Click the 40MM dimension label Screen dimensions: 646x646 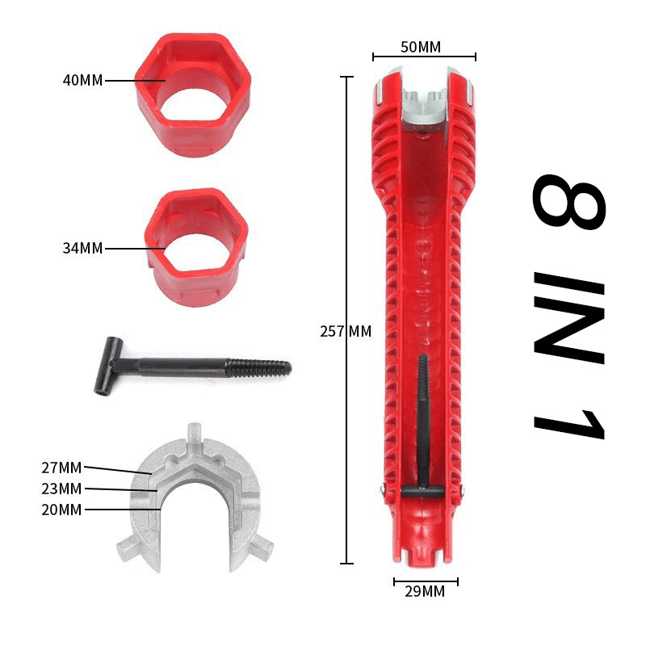(x=82, y=80)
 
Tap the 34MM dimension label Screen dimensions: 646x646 (x=82, y=248)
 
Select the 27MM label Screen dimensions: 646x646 (x=61, y=468)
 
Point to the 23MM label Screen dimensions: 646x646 (x=61, y=489)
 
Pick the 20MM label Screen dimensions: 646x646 (x=61, y=510)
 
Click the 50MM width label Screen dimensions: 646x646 (x=421, y=47)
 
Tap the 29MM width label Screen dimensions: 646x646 (x=425, y=591)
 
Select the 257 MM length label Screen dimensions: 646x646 (x=346, y=331)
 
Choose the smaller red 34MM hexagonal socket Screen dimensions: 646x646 (x=196, y=247)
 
